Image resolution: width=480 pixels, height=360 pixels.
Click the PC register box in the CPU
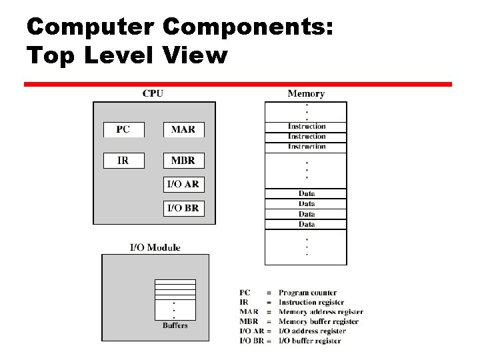coord(123,129)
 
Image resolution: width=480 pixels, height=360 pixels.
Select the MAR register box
coord(183,129)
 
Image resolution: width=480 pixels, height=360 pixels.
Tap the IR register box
coord(123,161)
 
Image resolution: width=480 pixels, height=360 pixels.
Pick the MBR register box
coord(183,161)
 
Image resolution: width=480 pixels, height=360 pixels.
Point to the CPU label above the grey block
coord(153,94)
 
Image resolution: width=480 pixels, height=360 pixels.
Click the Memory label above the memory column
coord(306,94)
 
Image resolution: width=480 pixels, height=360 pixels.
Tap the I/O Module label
coord(155,247)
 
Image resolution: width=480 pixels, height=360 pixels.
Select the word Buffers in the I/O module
coord(175,325)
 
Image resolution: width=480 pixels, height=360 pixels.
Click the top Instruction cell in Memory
coord(307,126)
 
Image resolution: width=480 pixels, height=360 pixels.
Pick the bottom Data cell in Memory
coord(307,225)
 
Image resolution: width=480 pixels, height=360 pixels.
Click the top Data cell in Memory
coord(307,194)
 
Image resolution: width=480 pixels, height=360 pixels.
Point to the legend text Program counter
coord(307,293)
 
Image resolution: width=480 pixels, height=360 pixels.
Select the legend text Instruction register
coord(311,302)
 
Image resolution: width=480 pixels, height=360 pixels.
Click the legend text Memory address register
coord(321,311)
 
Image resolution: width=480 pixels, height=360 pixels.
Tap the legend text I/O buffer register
coord(309,341)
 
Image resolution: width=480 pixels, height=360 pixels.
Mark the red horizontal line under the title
coord(238,85)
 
